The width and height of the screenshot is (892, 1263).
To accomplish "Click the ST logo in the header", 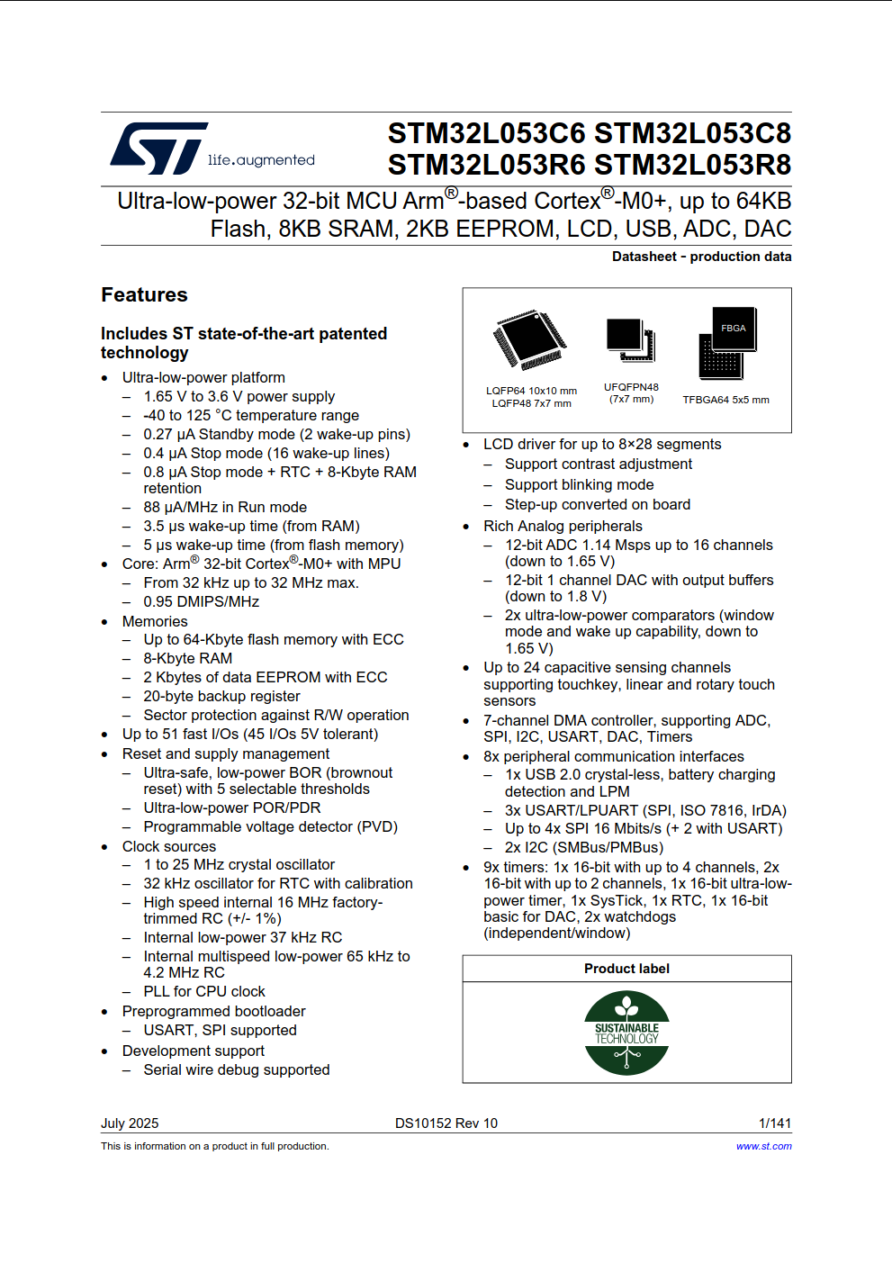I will [159, 149].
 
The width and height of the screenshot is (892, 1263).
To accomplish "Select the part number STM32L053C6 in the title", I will [486, 133].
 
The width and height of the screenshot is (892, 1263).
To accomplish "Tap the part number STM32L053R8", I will [693, 165].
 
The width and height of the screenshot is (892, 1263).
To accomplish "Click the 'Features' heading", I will [144, 295].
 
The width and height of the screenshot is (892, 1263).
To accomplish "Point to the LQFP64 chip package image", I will [530, 340].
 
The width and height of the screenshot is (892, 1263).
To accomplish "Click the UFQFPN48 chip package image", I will [630, 340].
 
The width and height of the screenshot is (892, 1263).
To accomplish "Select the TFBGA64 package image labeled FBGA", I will [728, 343].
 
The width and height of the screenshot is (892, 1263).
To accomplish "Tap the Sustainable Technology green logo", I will [626, 1033].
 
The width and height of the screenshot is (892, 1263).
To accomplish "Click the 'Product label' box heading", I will [626, 969].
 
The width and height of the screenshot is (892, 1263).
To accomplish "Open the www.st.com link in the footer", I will [763, 1146].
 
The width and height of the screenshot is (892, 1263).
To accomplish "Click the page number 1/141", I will [774, 1123].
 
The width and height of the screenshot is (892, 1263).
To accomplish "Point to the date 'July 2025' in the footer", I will [130, 1123].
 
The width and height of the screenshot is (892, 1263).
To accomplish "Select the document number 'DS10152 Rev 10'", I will [446, 1123].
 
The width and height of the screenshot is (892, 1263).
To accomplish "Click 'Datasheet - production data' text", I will [701, 257].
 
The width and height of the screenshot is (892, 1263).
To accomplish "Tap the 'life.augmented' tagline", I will [261, 160].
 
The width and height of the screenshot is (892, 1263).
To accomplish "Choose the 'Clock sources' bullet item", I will [169, 846].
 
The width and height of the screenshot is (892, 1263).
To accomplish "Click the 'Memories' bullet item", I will [155, 621].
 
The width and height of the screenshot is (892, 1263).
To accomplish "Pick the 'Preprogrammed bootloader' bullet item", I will [213, 1011].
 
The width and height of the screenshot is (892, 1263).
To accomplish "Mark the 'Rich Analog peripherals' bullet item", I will [563, 526].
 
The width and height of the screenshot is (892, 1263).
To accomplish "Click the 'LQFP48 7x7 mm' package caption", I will [531, 403].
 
